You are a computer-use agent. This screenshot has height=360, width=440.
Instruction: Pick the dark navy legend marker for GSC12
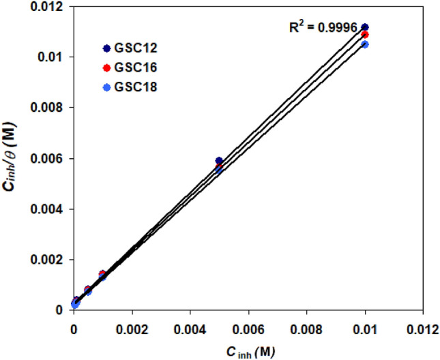106,48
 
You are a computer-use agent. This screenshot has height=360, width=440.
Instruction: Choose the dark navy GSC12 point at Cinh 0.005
219,161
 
